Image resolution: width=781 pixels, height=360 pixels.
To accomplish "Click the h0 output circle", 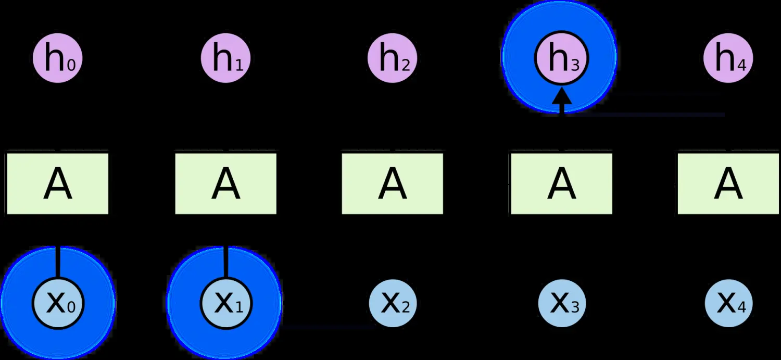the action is tap(57, 58).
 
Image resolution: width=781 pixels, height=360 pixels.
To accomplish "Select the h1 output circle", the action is tap(225, 58).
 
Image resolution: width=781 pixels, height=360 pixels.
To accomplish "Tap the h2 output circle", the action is tap(392, 58).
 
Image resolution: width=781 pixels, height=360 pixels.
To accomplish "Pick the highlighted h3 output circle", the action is tap(561, 58).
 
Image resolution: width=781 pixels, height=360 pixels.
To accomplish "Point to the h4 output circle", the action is tap(728, 58).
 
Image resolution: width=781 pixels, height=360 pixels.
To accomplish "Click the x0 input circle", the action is tap(58, 303).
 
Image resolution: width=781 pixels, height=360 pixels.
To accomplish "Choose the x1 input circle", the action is tap(226, 303).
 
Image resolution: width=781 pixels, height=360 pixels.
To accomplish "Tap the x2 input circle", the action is tap(393, 303).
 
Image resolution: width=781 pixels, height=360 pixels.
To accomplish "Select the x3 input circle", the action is tap(562, 303).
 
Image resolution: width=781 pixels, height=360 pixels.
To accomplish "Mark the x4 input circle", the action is tap(729, 303).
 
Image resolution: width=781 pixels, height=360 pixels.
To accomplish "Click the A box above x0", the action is tap(57, 183).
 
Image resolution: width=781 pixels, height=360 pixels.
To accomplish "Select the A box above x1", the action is tap(225, 183).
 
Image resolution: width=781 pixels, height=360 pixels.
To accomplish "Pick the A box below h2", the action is tap(392, 183).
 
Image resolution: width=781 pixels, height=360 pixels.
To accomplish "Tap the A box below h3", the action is tap(561, 183).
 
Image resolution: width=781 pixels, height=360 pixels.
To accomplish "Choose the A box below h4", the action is tap(728, 183).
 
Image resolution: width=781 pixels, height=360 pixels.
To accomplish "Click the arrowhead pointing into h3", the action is tap(562, 95).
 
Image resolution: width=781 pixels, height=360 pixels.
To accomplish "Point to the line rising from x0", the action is tap(58, 263).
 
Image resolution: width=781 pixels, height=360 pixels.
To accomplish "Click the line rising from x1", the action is tap(226, 263).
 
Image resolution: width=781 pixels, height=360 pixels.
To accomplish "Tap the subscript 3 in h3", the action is tap(575, 66).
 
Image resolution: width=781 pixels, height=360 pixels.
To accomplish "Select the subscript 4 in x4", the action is tap(741, 307).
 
